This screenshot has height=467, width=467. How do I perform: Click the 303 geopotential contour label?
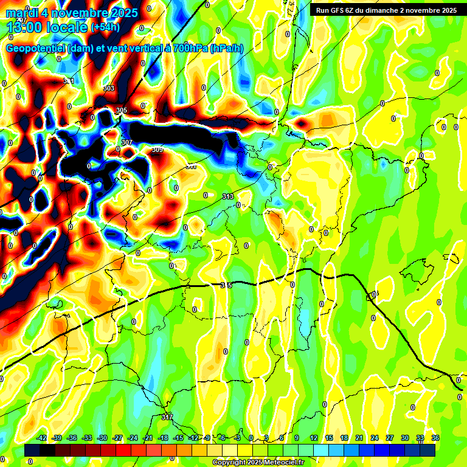[x=109, y=88]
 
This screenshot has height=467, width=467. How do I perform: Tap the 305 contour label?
[x=121, y=110]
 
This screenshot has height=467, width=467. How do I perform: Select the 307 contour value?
[x=126, y=142]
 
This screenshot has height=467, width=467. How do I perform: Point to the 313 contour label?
[x=228, y=196]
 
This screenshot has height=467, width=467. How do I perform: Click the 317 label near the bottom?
[x=167, y=417]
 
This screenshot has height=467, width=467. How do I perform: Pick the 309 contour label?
[x=157, y=150]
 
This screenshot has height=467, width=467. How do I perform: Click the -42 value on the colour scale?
[x=42, y=438]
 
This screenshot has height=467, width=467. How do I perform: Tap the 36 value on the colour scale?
[x=435, y=438]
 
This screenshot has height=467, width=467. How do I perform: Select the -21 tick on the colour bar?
[x=148, y=438]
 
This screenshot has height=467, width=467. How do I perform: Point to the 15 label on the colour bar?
[x=329, y=438]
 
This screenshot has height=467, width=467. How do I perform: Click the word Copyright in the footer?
[x=227, y=463]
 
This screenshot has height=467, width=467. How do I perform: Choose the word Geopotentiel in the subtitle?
[x=35, y=48]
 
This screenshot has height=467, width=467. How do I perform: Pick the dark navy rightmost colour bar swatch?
[x=427, y=451]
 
